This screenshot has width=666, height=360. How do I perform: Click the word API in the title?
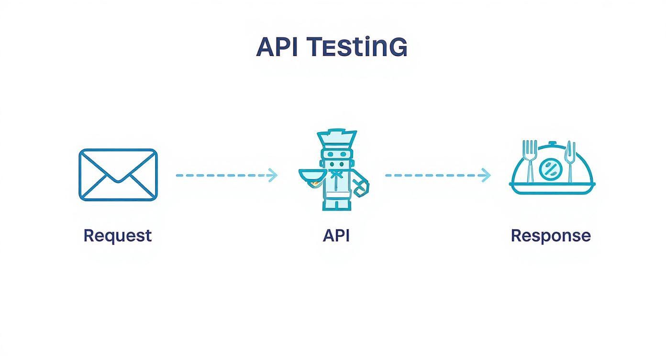tap(277, 47)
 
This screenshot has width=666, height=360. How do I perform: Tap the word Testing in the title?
tap(356, 47)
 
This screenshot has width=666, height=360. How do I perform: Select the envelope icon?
tap(118, 175)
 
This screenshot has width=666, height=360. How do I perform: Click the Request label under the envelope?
tap(118, 236)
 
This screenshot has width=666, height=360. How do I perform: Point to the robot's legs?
tap(337, 203)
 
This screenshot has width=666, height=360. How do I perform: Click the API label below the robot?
tap(336, 236)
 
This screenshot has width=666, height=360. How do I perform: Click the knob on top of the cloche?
tap(553, 143)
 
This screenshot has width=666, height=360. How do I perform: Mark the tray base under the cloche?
tap(553, 189)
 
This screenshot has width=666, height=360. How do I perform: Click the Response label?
tap(551, 236)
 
